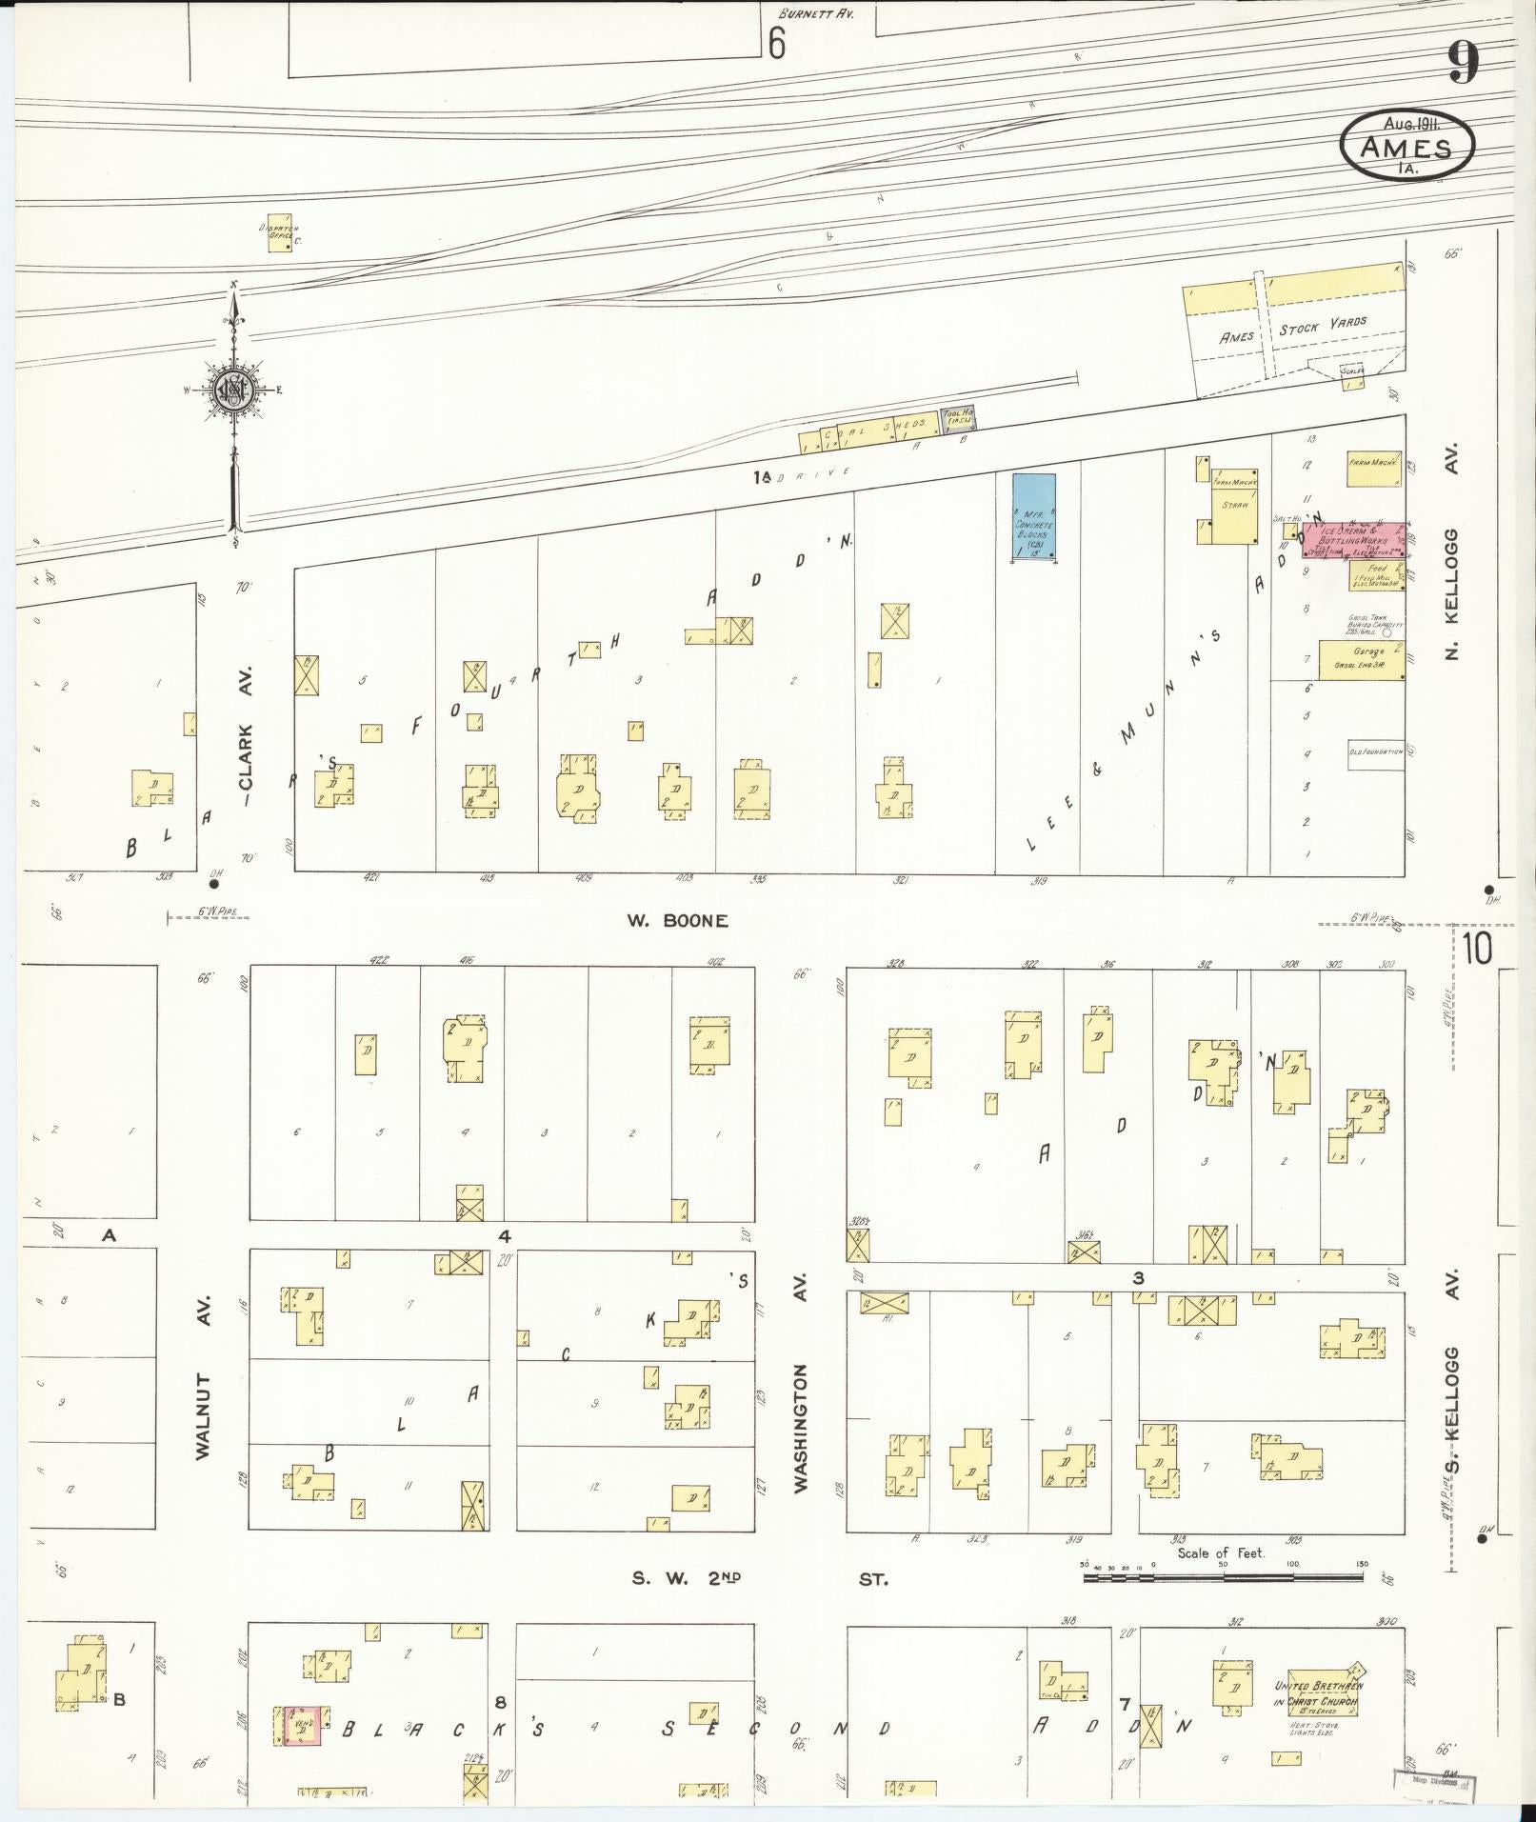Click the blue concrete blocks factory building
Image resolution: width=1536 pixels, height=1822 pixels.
(x=1033, y=516)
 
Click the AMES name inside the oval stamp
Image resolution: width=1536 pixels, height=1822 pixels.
(x=1406, y=148)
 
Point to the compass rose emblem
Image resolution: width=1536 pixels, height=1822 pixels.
(x=233, y=389)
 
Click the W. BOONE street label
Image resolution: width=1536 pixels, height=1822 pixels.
(x=677, y=920)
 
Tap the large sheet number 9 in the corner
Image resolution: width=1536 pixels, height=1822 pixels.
(x=1464, y=64)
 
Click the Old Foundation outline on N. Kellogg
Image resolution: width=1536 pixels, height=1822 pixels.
(x=1375, y=751)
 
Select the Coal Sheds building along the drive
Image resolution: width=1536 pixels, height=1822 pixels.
(x=868, y=436)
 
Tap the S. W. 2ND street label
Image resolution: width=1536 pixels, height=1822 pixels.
(x=687, y=1578)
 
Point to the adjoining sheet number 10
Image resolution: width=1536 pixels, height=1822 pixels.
(x=1479, y=949)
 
